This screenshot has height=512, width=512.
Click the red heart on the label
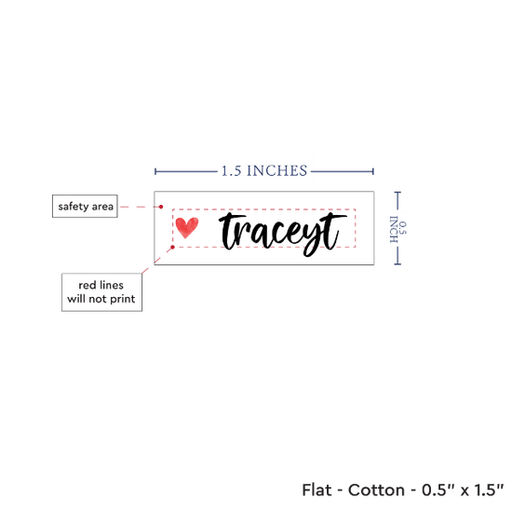coord(187,227)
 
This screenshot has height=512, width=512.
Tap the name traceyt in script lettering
coord(283,234)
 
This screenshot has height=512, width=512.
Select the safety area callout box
coord(85,207)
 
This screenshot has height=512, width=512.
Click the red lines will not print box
coord(101,292)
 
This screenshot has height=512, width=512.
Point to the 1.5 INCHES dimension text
coord(264,170)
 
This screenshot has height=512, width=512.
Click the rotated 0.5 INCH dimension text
coord(398,229)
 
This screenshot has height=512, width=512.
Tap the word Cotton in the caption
coord(376,490)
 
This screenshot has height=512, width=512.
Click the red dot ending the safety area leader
coord(161,207)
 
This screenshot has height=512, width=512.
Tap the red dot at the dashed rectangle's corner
coord(173,248)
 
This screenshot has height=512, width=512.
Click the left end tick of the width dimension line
coord(155,171)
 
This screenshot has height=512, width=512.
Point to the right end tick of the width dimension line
coord(373,171)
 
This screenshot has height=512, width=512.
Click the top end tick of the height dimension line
coord(397,193)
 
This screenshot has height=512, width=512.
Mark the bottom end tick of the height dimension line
coord(397,263)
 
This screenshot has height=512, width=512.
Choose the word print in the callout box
coord(123,300)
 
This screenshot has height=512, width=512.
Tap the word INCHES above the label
coord(276,170)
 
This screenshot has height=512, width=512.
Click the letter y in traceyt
coord(314,239)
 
